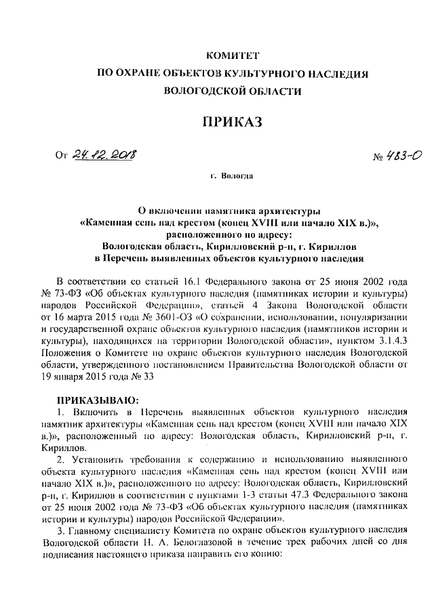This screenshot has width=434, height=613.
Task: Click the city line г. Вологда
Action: tap(233, 177)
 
